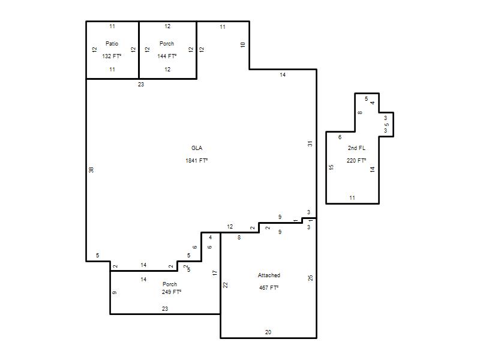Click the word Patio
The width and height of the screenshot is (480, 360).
point(112,43)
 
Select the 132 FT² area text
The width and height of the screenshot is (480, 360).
point(112,56)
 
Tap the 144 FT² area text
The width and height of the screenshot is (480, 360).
point(167,56)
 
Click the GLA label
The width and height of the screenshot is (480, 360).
point(197,148)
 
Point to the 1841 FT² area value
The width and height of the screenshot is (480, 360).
point(197,160)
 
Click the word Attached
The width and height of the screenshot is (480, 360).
point(269,275)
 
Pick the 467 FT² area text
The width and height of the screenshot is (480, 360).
point(269,288)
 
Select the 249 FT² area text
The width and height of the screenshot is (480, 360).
point(172,292)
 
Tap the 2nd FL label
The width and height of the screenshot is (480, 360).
point(356,148)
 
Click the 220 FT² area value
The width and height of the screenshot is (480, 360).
point(356,160)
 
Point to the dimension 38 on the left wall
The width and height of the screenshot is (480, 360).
point(91,170)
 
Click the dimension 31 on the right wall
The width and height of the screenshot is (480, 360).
point(310,143)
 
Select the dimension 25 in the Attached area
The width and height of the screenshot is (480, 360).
point(310,278)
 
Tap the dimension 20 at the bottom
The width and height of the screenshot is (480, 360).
point(268,332)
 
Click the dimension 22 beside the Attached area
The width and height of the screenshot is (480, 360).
point(226,285)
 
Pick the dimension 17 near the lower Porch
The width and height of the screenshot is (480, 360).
point(215,273)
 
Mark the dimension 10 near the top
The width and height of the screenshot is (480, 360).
point(243,44)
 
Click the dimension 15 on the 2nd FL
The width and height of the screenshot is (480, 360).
point(331,167)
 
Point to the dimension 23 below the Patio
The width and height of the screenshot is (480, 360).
point(141,85)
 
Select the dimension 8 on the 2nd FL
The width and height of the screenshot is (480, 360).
point(360,113)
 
